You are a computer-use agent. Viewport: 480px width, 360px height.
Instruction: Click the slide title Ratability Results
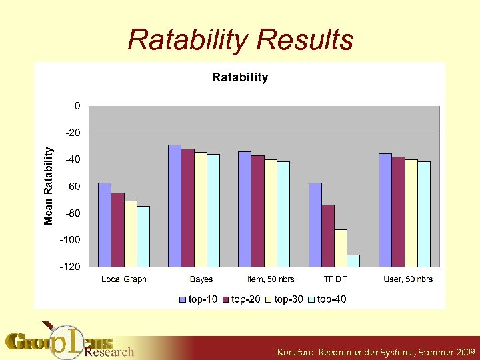tap(240, 40)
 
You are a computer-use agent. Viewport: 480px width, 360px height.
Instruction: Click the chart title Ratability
tap(239, 77)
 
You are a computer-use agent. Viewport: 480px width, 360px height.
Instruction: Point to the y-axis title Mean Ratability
tap(48, 186)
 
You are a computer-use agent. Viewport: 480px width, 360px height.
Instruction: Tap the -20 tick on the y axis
tap(73, 133)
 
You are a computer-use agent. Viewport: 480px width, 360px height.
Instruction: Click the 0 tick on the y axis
tap(77, 106)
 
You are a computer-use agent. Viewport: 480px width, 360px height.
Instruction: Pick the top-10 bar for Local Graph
tap(105, 224)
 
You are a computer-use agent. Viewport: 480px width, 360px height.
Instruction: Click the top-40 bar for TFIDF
tap(353, 261)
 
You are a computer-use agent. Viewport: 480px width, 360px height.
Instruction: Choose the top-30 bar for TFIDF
tap(341, 247)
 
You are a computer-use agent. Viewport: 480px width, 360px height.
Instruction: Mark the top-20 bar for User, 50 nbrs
tap(398, 211)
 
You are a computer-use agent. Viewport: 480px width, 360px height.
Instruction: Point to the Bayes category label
tap(201, 279)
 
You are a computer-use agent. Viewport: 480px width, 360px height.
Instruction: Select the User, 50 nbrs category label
tap(408, 279)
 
